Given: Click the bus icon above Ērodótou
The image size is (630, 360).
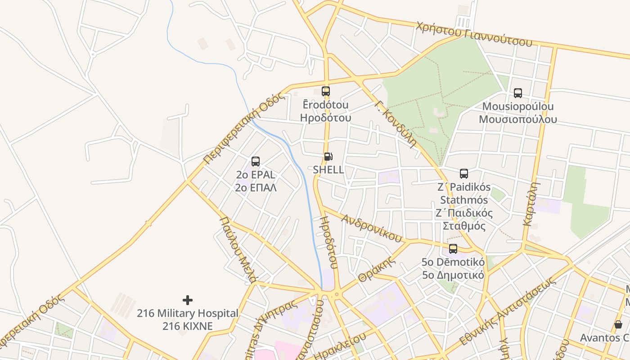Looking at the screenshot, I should click(326, 91).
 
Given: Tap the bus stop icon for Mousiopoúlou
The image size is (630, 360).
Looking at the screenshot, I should click(518, 93).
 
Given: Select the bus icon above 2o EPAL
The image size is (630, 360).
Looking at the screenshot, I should click(256, 162).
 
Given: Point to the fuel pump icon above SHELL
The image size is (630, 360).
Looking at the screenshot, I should click(328, 157).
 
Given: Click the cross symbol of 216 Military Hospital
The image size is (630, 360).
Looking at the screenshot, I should click(188, 300).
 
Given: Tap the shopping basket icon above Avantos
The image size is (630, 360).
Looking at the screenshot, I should click(618, 324).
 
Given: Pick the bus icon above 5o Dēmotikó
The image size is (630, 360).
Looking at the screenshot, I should click(453, 249).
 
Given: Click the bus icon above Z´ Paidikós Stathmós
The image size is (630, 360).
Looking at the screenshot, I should click(464, 174).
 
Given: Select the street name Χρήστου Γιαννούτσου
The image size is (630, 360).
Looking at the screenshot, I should click(474, 34).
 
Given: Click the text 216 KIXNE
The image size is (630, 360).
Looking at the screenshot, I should click(188, 326).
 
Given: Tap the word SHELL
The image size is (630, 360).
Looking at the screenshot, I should click(328, 170).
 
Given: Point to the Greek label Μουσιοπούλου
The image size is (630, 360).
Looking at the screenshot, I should click(517, 119).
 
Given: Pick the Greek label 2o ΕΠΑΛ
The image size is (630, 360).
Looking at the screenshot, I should click(256, 187).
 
